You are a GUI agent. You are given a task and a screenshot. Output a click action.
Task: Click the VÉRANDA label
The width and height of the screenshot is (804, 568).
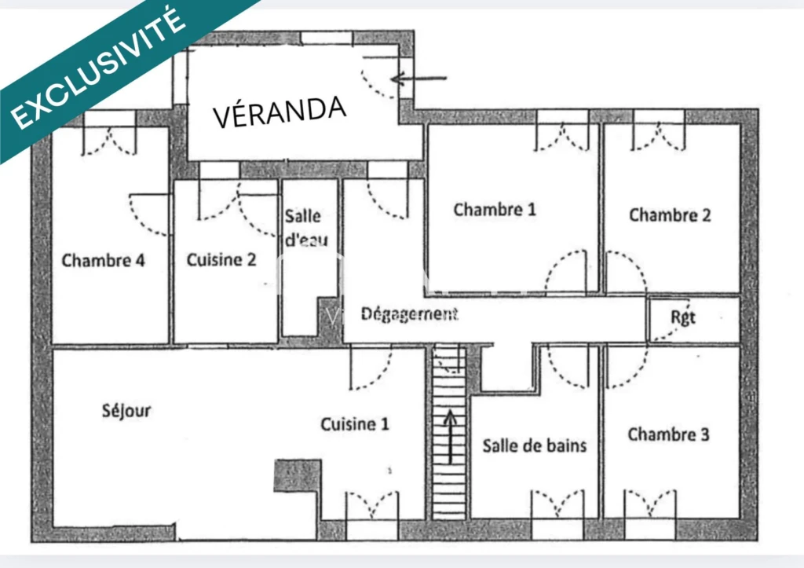coord(280,112)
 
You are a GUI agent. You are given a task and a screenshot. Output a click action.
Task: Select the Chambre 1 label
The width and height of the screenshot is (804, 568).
coord(495,209)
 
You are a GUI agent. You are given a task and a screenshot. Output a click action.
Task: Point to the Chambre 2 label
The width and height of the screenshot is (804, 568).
coord(670,214)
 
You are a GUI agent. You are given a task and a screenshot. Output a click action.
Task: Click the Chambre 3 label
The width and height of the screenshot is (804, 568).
coord(669,434)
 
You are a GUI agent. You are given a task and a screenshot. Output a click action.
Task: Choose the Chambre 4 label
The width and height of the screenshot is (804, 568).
coord(103,260)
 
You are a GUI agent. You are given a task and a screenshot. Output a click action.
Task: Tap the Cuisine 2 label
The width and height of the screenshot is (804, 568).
coord(221,259)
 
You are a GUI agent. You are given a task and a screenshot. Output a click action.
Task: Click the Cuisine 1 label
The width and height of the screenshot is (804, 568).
coord(355,423)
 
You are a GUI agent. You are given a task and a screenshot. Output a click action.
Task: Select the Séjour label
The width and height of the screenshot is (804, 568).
coord(126,410)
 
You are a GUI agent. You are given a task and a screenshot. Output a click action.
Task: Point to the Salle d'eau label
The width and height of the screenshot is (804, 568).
coord(306,227)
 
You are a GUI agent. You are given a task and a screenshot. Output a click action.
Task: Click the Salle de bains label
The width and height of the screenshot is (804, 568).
coord(534,445)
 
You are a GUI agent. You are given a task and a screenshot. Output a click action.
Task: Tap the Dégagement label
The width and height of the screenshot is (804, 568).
coord(409,314)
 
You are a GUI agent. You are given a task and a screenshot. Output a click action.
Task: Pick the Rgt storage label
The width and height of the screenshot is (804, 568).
coord(683,317)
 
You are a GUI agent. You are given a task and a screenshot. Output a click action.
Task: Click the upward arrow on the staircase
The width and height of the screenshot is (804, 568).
coord(450,437)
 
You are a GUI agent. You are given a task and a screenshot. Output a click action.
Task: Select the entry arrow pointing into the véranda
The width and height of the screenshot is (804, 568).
coord(418,79)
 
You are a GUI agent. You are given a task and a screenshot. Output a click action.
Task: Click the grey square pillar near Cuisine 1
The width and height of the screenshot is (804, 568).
coord(298,475)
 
